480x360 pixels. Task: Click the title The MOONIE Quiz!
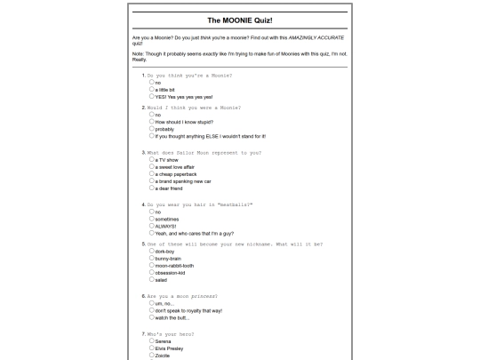pos(240,20)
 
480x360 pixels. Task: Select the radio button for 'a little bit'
pos(152,89)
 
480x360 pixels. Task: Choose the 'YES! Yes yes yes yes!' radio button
pos(152,96)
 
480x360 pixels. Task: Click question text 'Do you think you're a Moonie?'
pos(189,76)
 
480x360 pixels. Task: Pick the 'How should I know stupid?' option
pos(152,122)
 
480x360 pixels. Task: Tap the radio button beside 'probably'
pos(152,129)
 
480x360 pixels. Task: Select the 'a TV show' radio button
pos(152,159)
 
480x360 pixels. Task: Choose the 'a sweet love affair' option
pos(152,166)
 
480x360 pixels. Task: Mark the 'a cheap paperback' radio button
pos(152,173)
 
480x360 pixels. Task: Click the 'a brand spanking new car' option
pos(152,180)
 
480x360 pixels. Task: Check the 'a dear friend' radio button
pos(152,188)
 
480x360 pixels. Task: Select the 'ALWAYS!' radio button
pos(152,226)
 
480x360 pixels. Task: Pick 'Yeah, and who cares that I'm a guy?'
pos(152,233)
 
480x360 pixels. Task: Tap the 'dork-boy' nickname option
pos(152,251)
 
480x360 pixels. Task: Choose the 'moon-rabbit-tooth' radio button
pos(152,265)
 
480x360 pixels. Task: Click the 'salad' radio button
pos(152,279)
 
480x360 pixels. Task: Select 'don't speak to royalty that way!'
pos(152,310)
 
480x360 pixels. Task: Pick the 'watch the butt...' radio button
pos(152,317)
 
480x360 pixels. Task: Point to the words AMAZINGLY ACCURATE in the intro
pos(316,37)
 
